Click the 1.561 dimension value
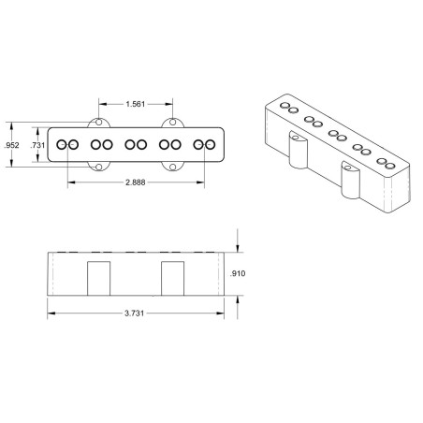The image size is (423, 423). [x=136, y=104]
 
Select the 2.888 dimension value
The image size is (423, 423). [x=136, y=182]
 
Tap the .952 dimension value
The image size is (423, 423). [x=11, y=145]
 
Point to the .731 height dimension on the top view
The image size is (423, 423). [x=37, y=145]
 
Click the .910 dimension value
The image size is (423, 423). [x=238, y=273]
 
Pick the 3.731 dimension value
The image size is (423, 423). [x=135, y=314]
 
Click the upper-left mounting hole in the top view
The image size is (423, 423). [x=99, y=122]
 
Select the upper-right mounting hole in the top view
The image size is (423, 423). [x=172, y=122]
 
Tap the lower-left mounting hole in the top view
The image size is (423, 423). [x=99, y=168]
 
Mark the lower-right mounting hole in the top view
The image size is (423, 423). [x=172, y=168]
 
